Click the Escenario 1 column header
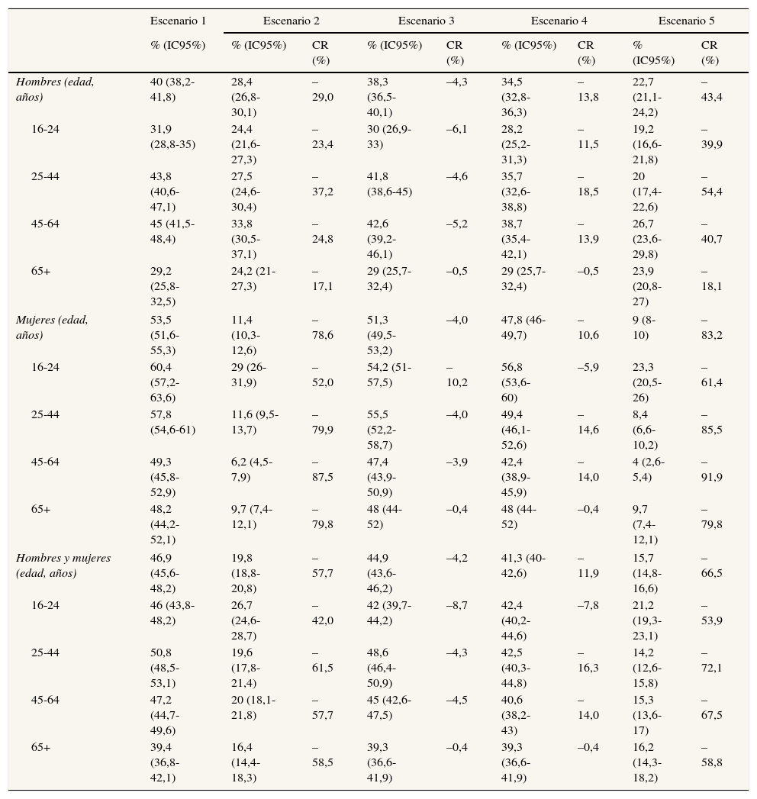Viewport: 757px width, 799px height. [178, 21]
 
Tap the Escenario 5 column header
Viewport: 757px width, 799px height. [686, 21]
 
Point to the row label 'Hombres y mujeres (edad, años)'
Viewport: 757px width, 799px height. [63, 565]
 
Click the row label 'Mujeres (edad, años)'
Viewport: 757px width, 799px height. [52, 327]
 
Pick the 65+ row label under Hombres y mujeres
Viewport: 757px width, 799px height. [41, 747]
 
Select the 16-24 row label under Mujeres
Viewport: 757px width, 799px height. [45, 367]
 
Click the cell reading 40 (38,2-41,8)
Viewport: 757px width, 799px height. [172, 89]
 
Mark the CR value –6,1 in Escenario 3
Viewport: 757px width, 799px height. [456, 129]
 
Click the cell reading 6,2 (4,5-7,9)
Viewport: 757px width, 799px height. [254, 469]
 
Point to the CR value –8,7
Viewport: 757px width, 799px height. [456, 605]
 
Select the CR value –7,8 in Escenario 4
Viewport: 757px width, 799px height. [588, 605]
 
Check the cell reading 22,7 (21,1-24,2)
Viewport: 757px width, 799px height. [647, 97]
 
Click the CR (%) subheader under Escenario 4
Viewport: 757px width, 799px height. [586, 53]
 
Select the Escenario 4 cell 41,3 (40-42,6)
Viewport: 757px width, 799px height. [523, 565]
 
